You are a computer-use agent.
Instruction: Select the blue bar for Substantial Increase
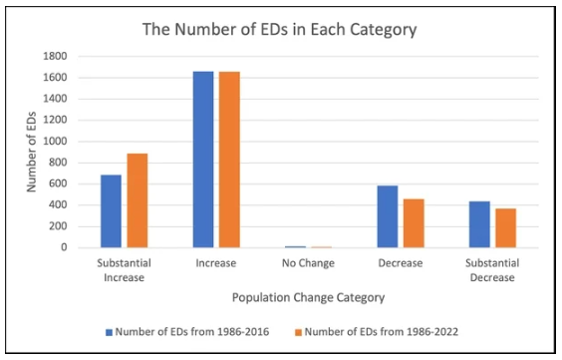tap(111, 211)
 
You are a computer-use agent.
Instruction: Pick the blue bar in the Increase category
tap(203, 160)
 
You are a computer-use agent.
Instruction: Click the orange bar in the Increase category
tap(229, 160)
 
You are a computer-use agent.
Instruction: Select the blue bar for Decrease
tap(389, 216)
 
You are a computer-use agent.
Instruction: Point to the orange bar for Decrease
tap(415, 223)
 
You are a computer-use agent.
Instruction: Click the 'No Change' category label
tap(309, 263)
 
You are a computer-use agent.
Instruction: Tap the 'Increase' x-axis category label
tap(216, 263)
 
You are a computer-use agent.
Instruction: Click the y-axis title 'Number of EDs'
tap(31, 152)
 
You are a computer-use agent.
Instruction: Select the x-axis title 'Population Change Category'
tap(309, 297)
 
